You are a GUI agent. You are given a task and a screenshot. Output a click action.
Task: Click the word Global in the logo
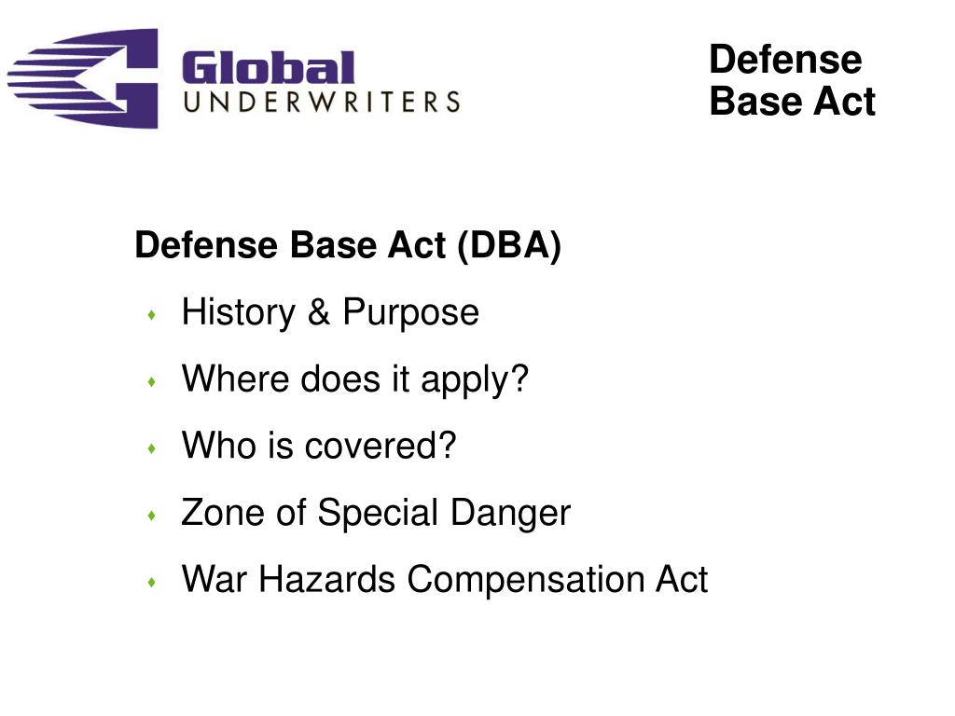point(269,67)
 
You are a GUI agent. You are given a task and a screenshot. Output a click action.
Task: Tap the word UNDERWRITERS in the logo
point(322,102)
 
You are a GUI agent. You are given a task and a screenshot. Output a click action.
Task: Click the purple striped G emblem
point(84,78)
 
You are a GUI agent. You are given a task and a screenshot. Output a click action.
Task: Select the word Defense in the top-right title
point(785,60)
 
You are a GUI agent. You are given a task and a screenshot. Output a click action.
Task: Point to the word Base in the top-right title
point(750,101)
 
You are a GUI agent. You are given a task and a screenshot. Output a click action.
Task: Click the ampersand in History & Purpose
point(319,312)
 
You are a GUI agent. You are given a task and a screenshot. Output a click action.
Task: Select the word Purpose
point(410,312)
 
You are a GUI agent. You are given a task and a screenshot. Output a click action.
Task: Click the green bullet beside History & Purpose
point(152,315)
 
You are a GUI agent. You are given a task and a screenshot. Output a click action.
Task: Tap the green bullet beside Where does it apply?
point(152,382)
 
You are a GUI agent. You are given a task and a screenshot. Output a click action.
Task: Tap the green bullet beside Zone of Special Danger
point(152,516)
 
